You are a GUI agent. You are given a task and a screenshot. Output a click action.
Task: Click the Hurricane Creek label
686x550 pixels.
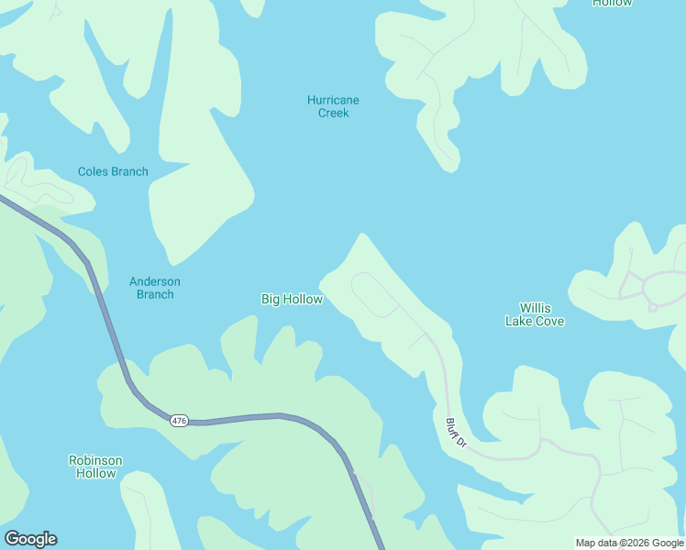pos(333,106)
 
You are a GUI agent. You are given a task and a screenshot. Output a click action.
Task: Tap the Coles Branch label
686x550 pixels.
pos(113,171)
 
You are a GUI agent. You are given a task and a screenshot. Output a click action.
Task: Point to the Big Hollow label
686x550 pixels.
pos(292,299)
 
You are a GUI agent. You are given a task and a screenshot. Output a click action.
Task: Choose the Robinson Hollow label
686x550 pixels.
pos(95,467)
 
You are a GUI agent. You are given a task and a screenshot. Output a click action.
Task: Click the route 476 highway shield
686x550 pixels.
pos(179,420)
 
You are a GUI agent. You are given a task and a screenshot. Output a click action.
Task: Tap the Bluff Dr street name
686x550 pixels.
pos(456,433)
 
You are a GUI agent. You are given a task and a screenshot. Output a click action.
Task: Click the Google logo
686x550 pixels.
pos(30,539)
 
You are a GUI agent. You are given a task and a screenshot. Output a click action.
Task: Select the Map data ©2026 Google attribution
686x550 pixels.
pos(629,543)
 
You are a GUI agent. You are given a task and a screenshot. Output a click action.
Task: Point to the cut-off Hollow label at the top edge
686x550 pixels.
pos(612,3)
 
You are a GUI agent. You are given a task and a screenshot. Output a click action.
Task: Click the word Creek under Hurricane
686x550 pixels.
pos(333,113)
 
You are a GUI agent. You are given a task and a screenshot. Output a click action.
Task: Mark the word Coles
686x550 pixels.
pos(94,171)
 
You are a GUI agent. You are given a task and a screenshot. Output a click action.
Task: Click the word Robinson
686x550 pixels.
pos(95,460)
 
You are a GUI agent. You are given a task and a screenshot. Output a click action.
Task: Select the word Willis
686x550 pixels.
pos(535,308)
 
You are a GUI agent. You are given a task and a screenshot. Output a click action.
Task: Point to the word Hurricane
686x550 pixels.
pos(333,100)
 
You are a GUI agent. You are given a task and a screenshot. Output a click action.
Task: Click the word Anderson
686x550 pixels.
pos(154,281)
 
